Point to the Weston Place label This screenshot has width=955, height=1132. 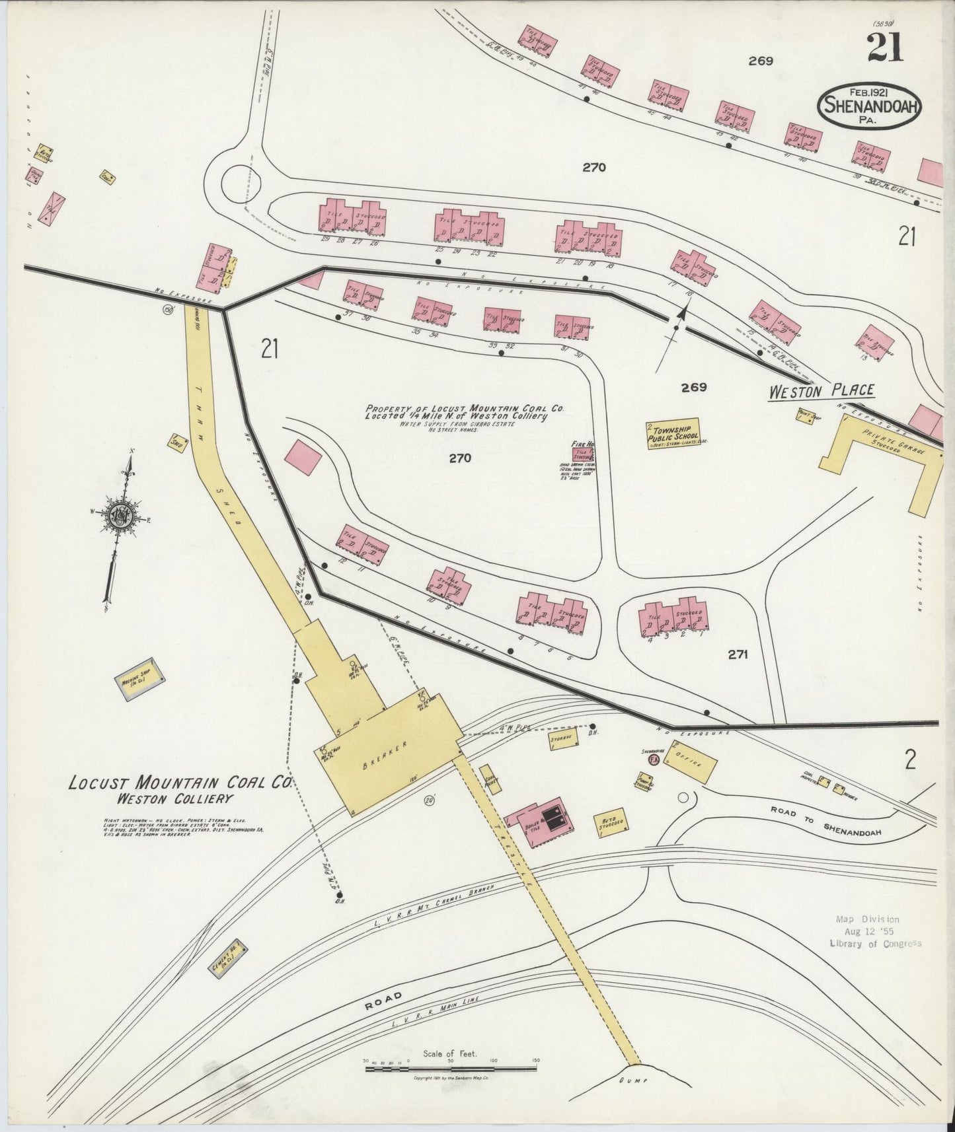click(x=821, y=391)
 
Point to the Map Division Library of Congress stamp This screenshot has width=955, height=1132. click(x=876, y=931)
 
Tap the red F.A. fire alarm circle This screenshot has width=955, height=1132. click(x=654, y=760)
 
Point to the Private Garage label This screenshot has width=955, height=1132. click(x=893, y=442)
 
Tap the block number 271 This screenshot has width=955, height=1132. click(x=738, y=654)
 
